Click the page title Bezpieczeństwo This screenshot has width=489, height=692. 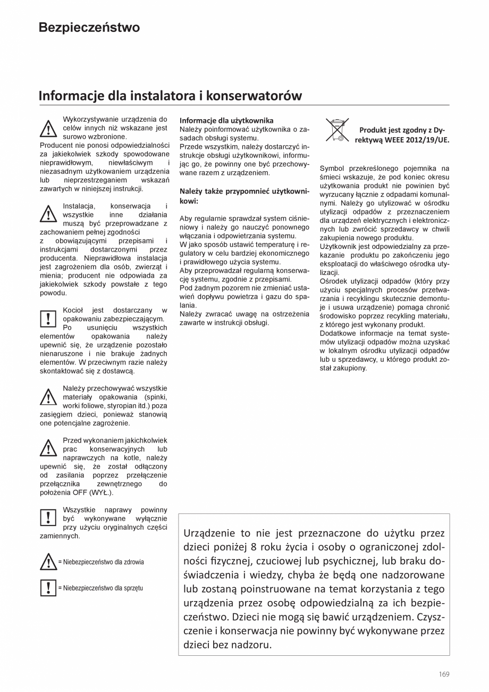click(89, 28)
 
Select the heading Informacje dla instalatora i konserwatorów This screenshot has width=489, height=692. click(170, 96)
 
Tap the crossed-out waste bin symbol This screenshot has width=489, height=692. click(337, 130)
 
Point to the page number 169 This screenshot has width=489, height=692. click(444, 674)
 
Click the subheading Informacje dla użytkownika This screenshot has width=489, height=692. click(226, 121)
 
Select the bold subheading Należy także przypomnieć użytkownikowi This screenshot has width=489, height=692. click(244, 195)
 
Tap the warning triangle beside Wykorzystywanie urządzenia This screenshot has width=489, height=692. click(48, 128)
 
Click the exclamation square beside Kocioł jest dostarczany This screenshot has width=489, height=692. click(48, 319)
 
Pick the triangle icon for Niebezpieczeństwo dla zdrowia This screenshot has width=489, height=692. click(48, 562)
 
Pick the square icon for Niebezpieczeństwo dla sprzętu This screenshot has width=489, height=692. click(48, 588)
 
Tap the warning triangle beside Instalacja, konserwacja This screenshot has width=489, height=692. click(48, 214)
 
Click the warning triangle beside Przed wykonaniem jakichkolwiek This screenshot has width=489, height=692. click(48, 448)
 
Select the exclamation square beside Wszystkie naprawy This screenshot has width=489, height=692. click(48, 518)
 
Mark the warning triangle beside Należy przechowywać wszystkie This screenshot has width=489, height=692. click(48, 397)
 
